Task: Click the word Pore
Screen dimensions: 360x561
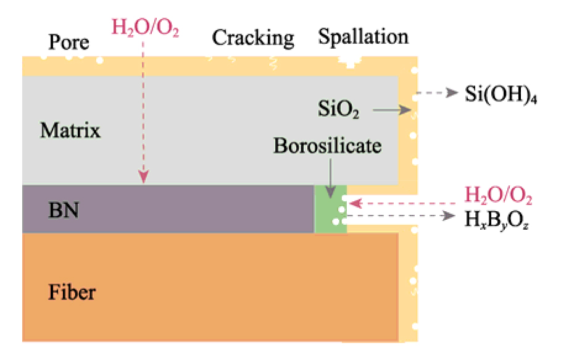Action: pyautogui.click(x=69, y=42)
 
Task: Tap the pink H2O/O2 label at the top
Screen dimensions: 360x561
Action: pyautogui.click(x=145, y=27)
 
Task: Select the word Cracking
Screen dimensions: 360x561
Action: pyautogui.click(x=253, y=38)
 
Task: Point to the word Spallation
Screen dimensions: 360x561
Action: pyautogui.click(x=363, y=36)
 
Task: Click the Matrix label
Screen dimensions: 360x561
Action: pyautogui.click(x=70, y=130)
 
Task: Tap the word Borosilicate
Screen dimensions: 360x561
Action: pyautogui.click(x=328, y=146)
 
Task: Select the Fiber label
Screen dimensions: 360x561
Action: pyautogui.click(x=72, y=290)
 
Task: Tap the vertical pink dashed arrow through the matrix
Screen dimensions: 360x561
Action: pyautogui.click(x=144, y=111)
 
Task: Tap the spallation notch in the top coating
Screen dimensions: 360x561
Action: pyautogui.click(x=351, y=61)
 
